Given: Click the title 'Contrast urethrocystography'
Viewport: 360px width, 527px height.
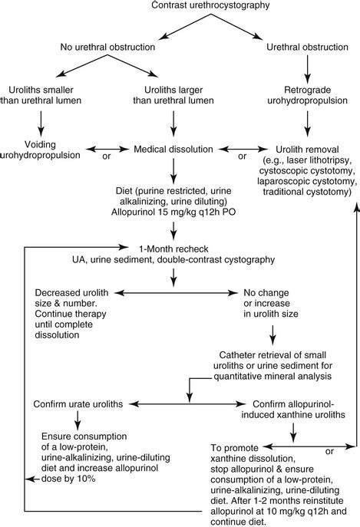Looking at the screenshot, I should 180,8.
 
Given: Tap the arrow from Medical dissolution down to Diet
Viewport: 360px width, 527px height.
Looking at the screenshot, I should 178,170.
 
